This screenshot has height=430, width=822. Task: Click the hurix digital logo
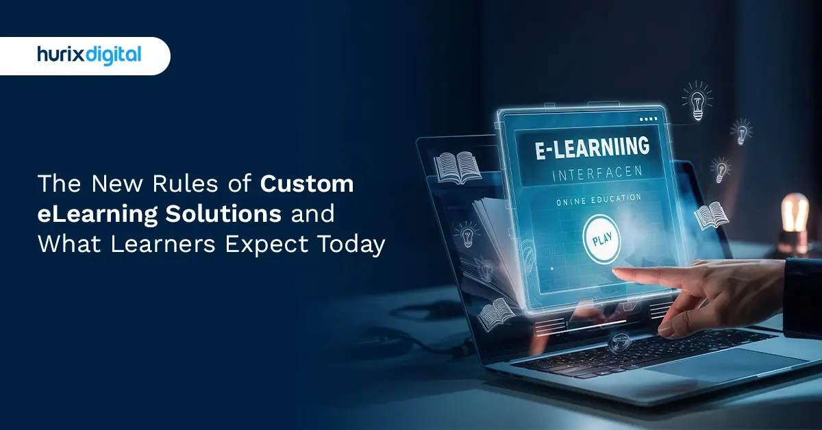tap(89, 55)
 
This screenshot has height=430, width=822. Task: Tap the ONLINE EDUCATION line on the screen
tap(593, 198)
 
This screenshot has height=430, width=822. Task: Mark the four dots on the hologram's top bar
tap(647, 118)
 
